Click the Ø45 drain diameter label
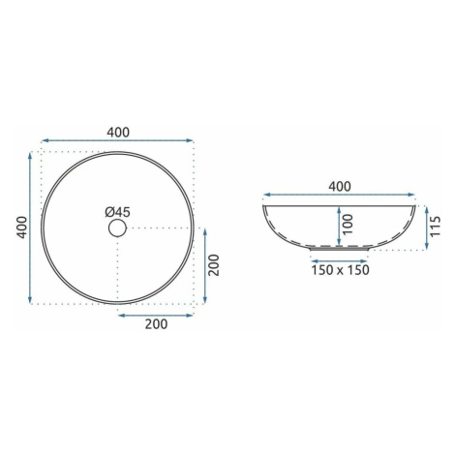coord(117,212)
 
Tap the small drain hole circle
coord(117,227)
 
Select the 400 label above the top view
coord(118,133)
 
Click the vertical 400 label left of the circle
coord(22,227)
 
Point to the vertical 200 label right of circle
coord(214,265)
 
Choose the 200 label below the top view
coord(156,324)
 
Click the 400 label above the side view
coord(340,187)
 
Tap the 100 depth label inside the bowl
coord(348,225)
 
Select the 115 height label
coord(435,227)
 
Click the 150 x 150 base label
coord(340,270)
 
